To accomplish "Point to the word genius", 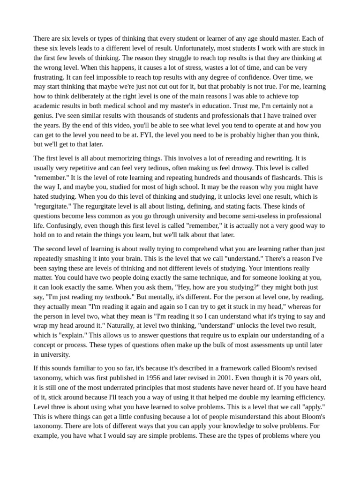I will (x=45, y=115).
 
